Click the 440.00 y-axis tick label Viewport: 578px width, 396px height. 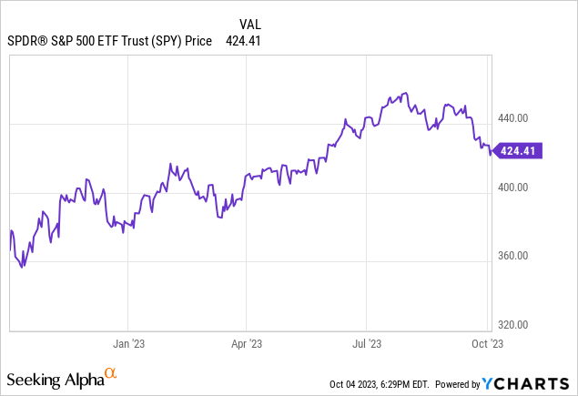point(513,118)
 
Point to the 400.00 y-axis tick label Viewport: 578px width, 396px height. point(513,188)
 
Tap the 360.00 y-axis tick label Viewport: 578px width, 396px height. point(513,256)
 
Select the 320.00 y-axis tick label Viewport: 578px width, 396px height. point(513,325)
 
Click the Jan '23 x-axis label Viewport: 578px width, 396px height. point(127,344)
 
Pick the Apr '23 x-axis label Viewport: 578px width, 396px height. point(247,344)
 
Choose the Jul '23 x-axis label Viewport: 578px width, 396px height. point(366,344)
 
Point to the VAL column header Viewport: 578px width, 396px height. point(251,24)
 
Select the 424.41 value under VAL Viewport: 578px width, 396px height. point(244,40)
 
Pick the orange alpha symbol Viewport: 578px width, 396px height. point(110,373)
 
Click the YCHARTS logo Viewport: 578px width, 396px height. point(537,383)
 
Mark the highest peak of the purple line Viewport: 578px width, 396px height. point(403,94)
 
